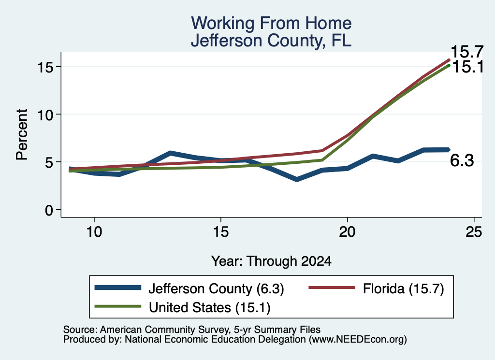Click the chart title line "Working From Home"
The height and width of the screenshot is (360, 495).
(x=271, y=23)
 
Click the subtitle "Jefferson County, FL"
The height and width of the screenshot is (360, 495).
(x=271, y=41)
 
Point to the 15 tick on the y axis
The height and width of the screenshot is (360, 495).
(x=45, y=67)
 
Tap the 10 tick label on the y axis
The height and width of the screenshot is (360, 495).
(x=45, y=114)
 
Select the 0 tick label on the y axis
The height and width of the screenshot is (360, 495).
(x=49, y=210)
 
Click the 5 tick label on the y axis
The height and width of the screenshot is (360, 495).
(x=49, y=162)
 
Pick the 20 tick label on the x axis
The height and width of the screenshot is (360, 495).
(x=347, y=232)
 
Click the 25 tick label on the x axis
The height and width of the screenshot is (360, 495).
(x=474, y=232)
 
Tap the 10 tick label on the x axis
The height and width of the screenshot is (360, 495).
(x=94, y=232)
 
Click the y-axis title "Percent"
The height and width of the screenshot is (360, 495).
(x=22, y=135)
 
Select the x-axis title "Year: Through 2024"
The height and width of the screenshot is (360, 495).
(x=271, y=261)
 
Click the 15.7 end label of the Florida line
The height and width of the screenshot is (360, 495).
(x=467, y=52)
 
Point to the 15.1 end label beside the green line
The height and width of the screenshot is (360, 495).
(x=468, y=67)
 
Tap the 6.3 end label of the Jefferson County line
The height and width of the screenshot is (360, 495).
(x=462, y=160)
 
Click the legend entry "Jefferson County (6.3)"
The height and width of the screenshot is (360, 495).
(x=189, y=288)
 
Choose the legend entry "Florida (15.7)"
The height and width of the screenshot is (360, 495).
(x=376, y=288)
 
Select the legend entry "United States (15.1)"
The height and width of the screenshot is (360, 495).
(x=182, y=307)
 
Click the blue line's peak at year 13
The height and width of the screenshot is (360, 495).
(x=170, y=153)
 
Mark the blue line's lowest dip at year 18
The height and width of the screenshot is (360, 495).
(x=296, y=180)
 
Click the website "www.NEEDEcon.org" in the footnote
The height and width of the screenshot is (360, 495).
(x=357, y=340)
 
